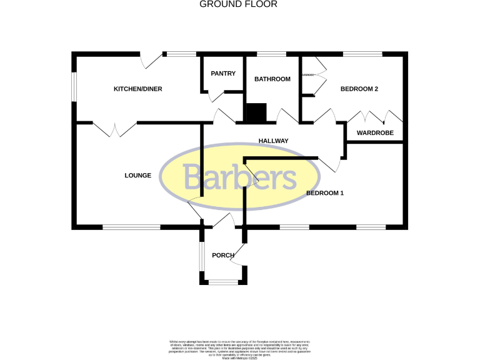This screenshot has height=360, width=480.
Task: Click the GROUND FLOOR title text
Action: click(x=238, y=4)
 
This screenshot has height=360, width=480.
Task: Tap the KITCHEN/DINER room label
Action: click(x=137, y=89)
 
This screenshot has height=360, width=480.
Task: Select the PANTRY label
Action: click(x=223, y=74)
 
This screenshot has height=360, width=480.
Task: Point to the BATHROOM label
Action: click(x=272, y=79)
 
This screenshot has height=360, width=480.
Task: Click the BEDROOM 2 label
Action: click(x=359, y=89)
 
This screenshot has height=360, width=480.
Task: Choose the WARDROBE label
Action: click(x=375, y=133)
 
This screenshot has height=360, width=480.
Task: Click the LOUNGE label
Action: click(x=137, y=176)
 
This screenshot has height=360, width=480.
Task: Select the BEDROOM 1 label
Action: click(x=325, y=194)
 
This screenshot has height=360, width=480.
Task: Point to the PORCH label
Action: click(x=223, y=255)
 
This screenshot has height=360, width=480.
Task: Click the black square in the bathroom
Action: click(x=256, y=113)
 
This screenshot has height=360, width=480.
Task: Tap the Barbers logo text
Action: click(x=240, y=178)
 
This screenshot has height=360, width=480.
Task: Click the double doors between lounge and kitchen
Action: click(x=115, y=128)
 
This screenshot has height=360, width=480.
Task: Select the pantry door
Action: click(x=216, y=96)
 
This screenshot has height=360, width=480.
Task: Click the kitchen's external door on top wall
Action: click(x=152, y=61)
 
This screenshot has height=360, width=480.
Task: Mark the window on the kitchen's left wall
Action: click(x=74, y=87)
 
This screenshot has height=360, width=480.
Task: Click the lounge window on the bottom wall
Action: click(x=131, y=227)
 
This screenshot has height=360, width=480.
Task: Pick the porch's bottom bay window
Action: click(x=223, y=282)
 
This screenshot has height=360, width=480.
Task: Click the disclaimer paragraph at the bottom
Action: click(x=239, y=347)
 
